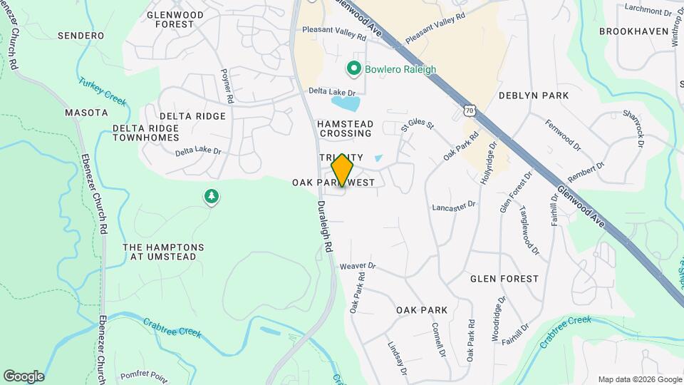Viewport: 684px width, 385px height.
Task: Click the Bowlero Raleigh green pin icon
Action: [x=353, y=69]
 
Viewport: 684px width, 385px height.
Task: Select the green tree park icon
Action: [x=211, y=196]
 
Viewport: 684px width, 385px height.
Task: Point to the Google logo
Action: [x=24, y=376]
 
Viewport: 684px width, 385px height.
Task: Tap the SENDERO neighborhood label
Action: [x=81, y=35]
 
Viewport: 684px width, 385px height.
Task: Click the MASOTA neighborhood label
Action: [x=86, y=113]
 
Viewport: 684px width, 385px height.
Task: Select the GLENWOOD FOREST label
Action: [x=175, y=19]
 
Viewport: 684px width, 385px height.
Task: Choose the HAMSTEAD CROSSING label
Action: [x=346, y=128]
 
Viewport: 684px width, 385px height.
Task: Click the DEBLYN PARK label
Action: [x=533, y=95]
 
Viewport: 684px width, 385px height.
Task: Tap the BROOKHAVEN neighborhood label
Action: [x=633, y=31]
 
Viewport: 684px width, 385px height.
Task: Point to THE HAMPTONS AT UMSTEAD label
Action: [x=163, y=252]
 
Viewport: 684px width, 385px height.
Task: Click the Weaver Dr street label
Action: [x=358, y=266]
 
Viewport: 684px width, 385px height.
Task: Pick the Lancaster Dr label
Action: [x=453, y=206]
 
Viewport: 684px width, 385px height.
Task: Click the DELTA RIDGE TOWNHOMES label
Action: [x=146, y=133]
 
